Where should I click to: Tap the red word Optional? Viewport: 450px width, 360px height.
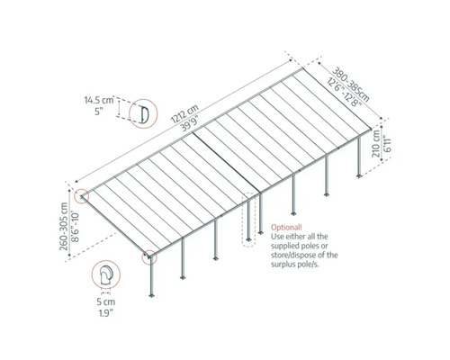tap(283, 229)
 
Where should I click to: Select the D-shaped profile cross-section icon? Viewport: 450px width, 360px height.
tap(141, 113)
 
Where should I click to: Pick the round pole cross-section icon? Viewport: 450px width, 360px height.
tap(104, 275)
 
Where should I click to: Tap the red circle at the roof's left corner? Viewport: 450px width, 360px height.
tap(83, 194)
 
